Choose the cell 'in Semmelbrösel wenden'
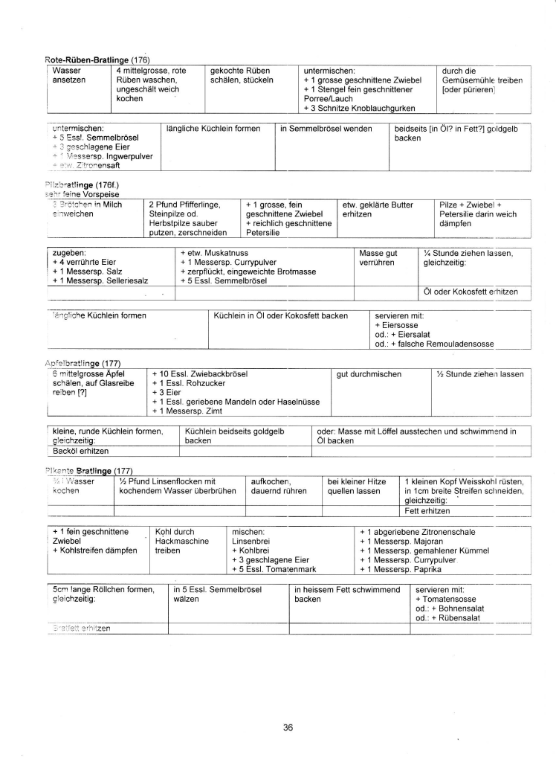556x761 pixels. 326,129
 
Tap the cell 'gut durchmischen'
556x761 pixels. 369,373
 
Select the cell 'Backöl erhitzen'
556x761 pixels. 81,451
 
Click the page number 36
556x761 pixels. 288,727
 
